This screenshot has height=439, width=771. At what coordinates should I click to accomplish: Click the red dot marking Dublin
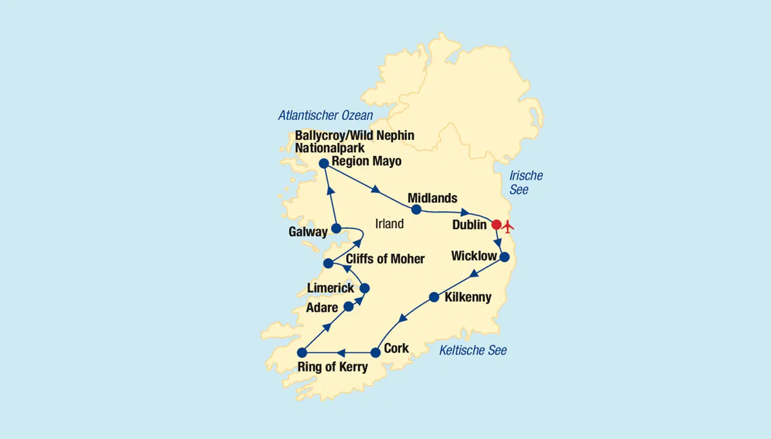tap(496, 224)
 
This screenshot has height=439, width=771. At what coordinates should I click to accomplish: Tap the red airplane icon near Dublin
tap(508, 225)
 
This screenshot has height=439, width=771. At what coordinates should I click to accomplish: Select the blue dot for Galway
tap(336, 229)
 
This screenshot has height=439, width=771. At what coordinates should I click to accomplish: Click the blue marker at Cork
tap(375, 352)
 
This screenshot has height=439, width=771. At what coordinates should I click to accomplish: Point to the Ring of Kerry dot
tap(302, 352)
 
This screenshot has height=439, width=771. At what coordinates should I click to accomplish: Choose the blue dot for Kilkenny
tap(434, 297)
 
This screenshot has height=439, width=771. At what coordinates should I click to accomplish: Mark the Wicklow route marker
tap(504, 257)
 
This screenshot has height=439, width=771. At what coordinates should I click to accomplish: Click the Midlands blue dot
tap(416, 209)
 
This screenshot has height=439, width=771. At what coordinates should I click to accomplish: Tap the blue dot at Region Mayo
tap(323, 163)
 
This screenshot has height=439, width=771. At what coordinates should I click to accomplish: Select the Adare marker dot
tap(349, 307)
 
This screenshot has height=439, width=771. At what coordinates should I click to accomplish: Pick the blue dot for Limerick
tap(365, 289)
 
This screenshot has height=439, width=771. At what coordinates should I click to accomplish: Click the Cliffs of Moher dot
tap(328, 263)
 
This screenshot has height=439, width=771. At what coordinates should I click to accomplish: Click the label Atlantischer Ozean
tap(326, 115)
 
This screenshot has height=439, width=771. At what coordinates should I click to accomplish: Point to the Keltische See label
tap(473, 351)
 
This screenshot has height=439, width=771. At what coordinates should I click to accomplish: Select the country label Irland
tap(389, 224)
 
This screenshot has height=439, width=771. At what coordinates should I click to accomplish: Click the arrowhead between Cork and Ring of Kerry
tap(341, 352)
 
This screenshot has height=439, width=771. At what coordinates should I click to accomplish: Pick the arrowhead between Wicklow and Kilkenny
tap(473, 275)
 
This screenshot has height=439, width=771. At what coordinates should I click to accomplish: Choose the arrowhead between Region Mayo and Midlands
tap(376, 189)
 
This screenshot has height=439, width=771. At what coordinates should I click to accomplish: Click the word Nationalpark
tap(329, 148)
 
